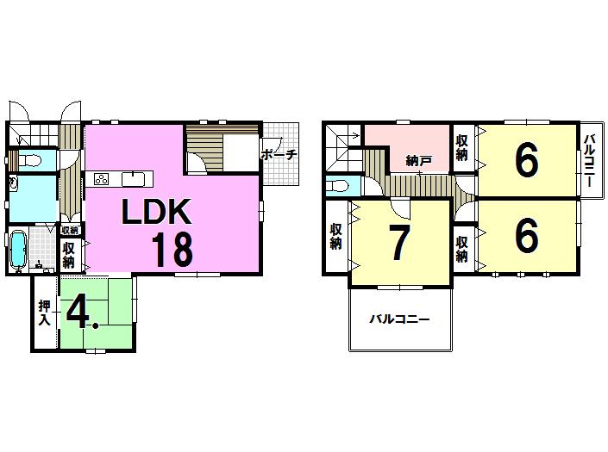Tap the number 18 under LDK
[x=172, y=248]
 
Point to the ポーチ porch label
[x=279, y=155]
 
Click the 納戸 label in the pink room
[x=418, y=159]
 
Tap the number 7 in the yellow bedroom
[x=398, y=245]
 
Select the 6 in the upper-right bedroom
[x=526, y=159]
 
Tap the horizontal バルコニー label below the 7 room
[x=399, y=319]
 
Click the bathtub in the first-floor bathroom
[x=17, y=251]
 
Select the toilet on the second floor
[x=339, y=186]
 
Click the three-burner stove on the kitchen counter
[x=101, y=179]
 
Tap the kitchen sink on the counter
[x=133, y=178]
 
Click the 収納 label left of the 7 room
[x=335, y=237]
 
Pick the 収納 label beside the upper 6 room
[x=462, y=148]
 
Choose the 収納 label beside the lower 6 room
[x=462, y=248]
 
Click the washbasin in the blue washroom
[x=14, y=183]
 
